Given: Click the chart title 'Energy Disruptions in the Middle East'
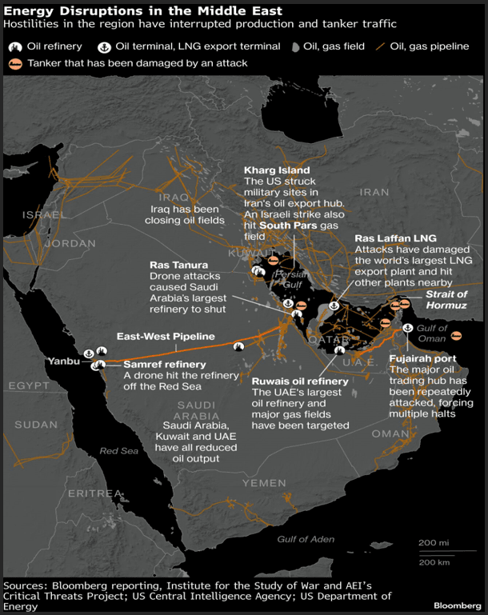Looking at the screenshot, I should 142,11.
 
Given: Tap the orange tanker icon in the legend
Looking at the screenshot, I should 14,62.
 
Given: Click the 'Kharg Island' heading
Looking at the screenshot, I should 276,170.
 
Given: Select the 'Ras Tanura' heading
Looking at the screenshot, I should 178,265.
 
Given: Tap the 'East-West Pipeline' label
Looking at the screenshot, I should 166,337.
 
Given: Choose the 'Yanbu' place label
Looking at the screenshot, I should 62,361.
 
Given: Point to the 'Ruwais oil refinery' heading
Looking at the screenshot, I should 300,381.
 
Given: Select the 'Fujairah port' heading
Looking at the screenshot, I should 422,359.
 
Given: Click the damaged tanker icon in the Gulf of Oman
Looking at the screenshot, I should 457,336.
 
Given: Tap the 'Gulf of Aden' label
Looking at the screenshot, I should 306,539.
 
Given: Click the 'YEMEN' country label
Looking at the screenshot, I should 263,484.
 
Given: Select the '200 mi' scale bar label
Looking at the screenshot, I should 432,542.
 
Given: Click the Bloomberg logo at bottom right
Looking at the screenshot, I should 458,605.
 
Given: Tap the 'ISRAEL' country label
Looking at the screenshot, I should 44,214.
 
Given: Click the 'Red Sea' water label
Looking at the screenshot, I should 118,451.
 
